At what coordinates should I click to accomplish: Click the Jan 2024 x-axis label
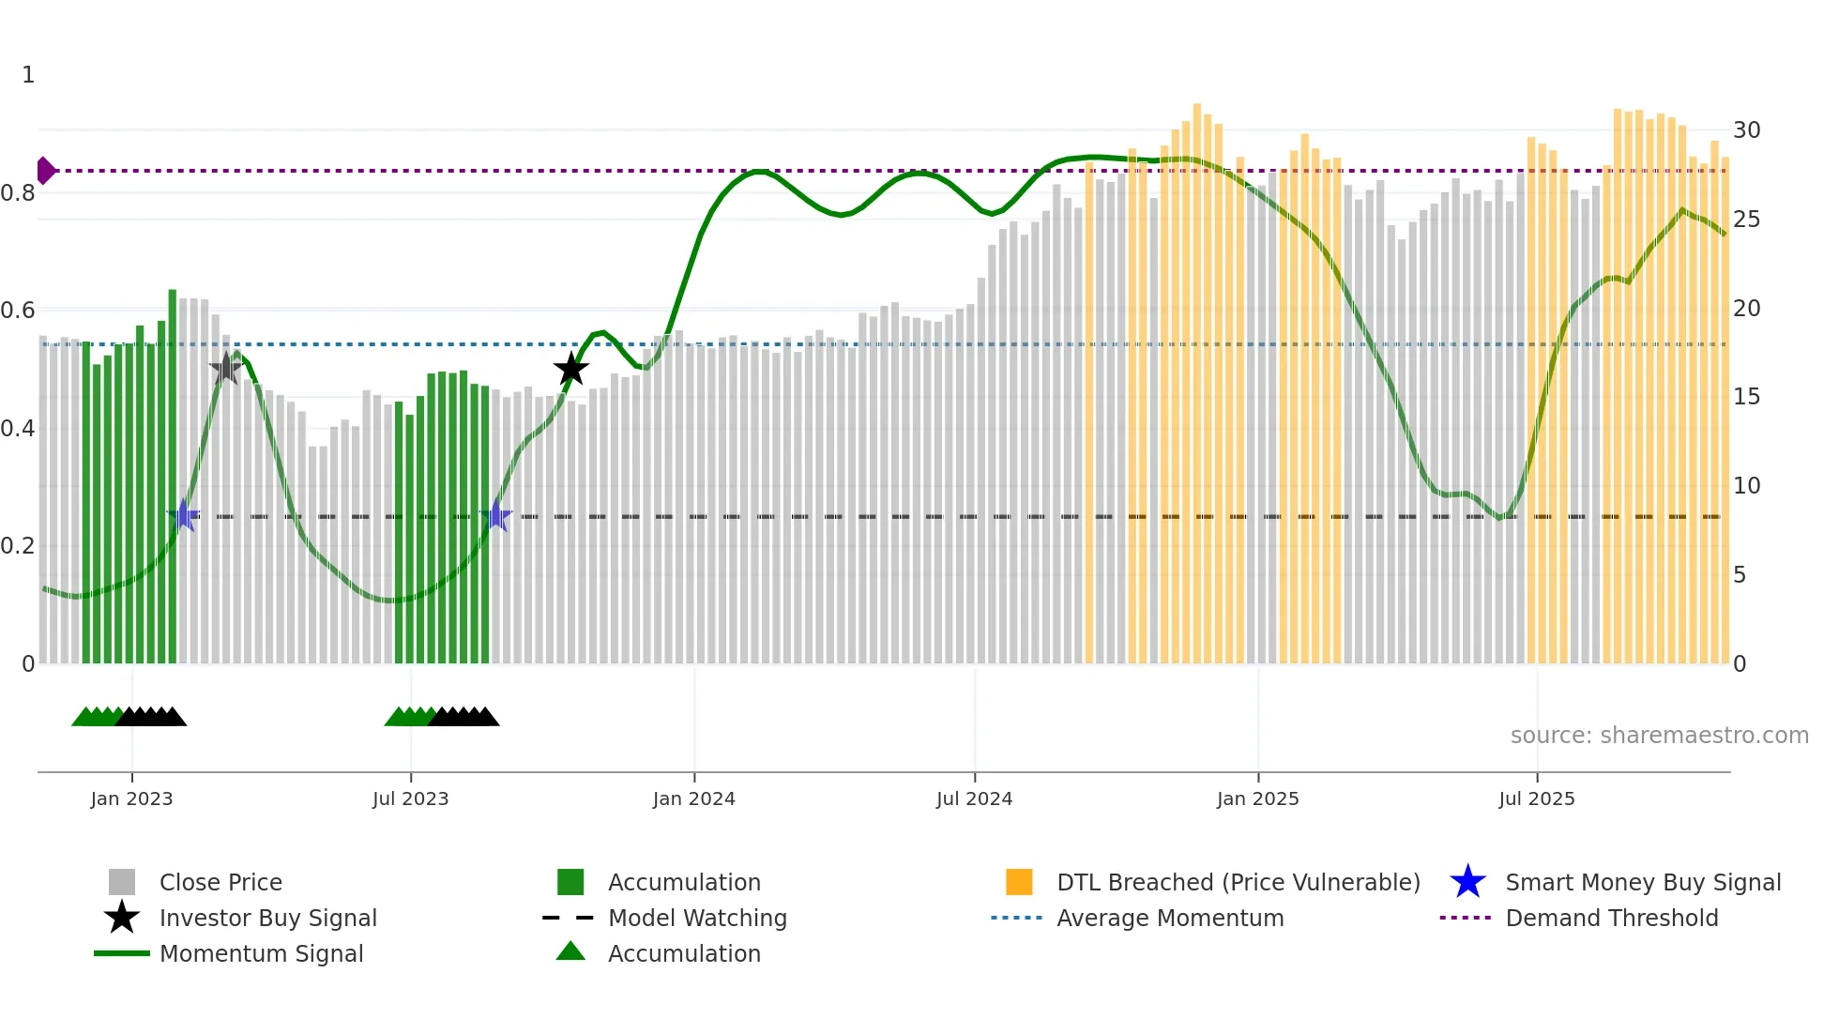click(693, 798)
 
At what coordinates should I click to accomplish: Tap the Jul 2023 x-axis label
click(410, 798)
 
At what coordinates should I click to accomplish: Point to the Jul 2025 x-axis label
click(1536, 798)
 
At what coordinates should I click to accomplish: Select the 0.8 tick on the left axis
click(18, 193)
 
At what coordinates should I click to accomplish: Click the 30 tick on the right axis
click(1746, 130)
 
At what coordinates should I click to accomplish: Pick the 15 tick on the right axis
click(1746, 397)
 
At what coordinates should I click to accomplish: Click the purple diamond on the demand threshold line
click(44, 171)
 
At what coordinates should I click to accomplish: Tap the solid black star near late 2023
click(570, 369)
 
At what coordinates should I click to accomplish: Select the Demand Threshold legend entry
click(1611, 918)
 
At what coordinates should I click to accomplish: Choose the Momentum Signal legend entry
click(261, 953)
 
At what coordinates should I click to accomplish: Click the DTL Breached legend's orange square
click(1019, 882)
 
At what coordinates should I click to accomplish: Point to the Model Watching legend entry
click(696, 918)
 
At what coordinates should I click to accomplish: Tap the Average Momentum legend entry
click(1169, 918)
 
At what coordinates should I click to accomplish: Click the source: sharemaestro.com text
click(1659, 735)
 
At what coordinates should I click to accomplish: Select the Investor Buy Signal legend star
click(122, 918)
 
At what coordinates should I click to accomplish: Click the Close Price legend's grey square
click(122, 882)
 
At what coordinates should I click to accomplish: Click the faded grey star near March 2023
click(225, 369)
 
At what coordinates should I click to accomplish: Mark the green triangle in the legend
click(570, 951)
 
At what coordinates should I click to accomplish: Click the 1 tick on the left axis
click(28, 75)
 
